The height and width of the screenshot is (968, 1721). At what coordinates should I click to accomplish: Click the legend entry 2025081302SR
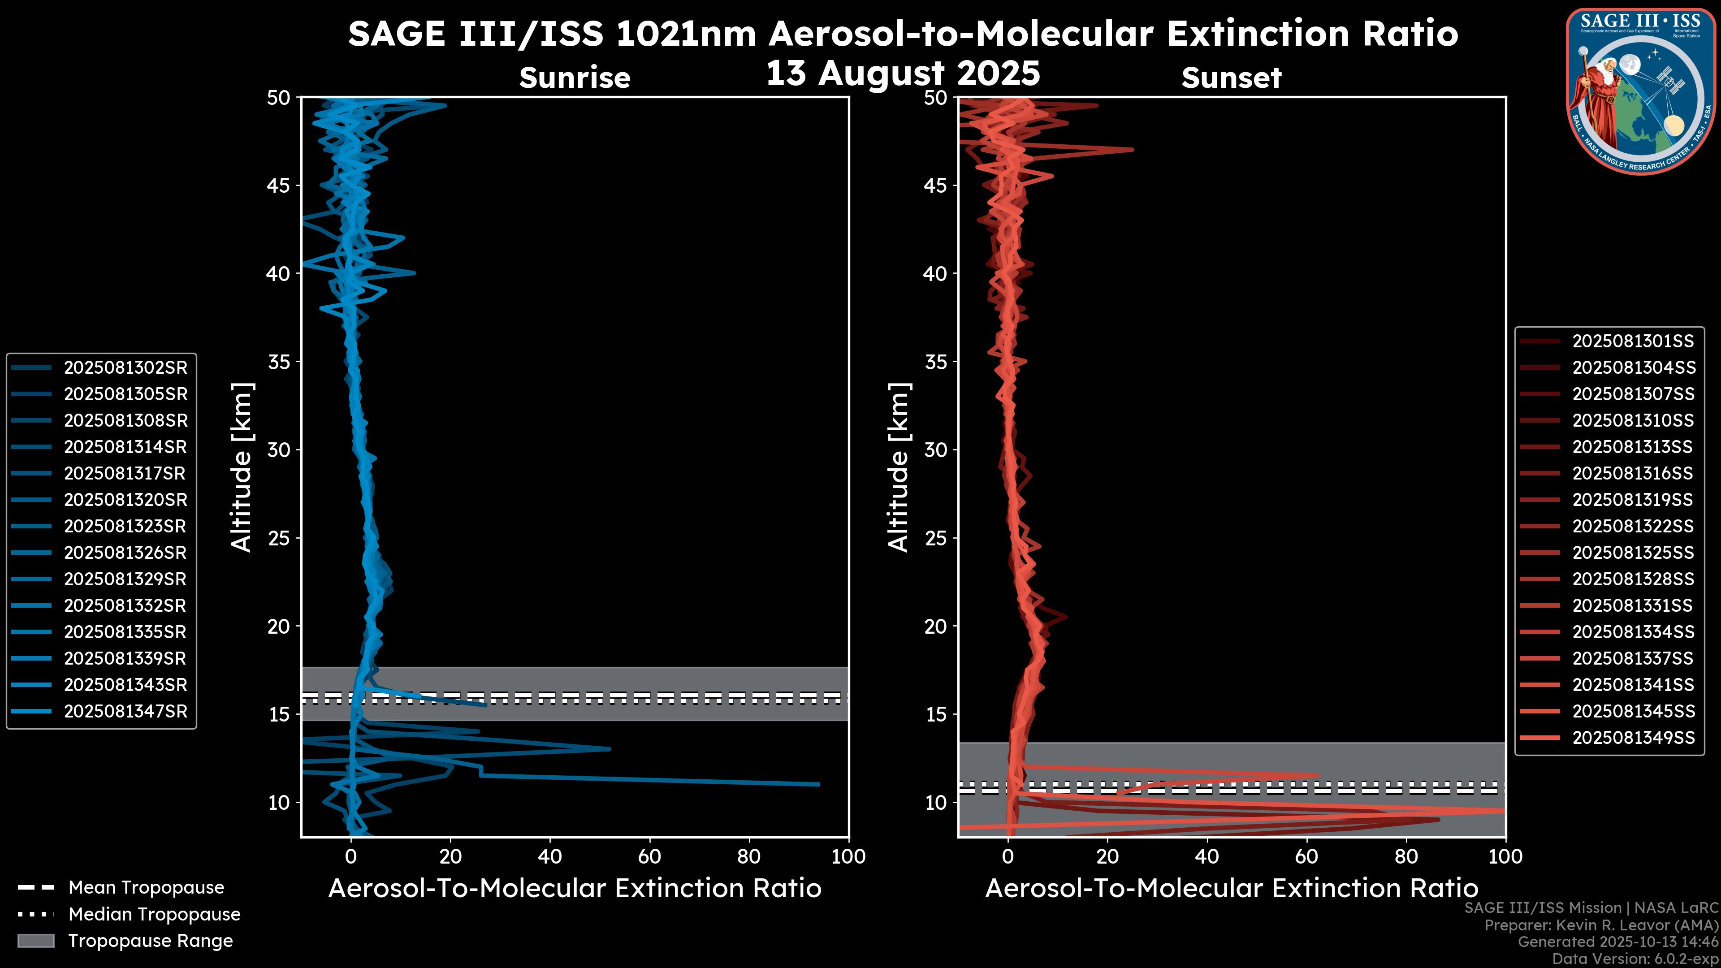125,367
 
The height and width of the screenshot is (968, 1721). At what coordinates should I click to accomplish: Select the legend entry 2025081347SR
125,712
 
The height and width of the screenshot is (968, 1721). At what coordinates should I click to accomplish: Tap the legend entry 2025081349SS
1633,738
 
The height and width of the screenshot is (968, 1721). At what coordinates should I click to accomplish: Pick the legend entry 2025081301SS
1633,341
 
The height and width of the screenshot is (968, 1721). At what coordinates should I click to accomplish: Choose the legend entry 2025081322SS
1633,527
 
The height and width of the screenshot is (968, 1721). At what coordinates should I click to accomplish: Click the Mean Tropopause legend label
146,888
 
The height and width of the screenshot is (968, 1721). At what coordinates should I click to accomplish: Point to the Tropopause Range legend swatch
35,941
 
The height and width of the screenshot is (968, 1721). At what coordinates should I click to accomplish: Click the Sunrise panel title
575,78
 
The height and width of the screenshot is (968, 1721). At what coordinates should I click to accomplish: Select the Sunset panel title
1231,78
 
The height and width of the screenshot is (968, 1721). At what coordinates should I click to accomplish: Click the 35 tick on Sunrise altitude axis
279,362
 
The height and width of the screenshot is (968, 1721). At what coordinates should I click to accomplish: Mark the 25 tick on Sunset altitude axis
935,538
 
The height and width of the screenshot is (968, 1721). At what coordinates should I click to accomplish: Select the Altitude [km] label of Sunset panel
899,467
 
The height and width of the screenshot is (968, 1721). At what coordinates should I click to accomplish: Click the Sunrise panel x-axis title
575,889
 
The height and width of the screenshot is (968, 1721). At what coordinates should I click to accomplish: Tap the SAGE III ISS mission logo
1640,91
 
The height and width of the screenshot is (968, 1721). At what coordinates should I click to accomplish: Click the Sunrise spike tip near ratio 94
818,784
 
